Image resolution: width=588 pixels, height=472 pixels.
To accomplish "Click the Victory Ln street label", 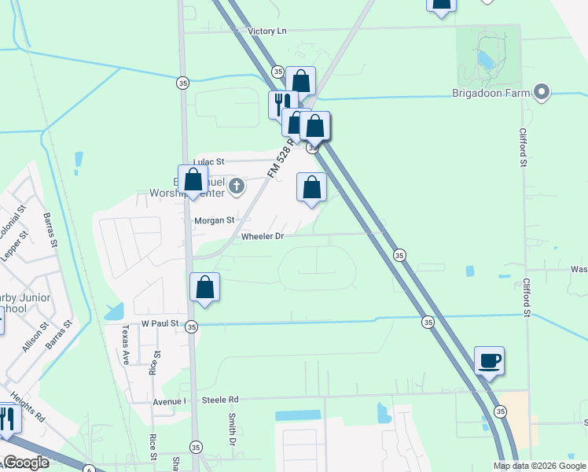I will point(266,31).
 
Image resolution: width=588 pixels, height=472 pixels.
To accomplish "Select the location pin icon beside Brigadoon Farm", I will point(542,93).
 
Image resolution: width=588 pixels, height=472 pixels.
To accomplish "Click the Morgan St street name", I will point(215,221).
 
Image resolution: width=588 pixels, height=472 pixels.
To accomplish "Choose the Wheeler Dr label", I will point(262,236).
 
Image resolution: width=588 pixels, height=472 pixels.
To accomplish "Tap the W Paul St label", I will point(160,323).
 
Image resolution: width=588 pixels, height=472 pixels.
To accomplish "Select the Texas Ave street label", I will point(124,344).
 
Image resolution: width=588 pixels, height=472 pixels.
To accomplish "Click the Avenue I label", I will point(171,401).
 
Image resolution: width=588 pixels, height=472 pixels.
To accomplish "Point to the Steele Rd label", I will point(219,400).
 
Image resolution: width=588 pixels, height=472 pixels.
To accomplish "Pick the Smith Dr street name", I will point(233,430).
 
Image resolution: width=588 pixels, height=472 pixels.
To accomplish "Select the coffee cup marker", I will point(490,361).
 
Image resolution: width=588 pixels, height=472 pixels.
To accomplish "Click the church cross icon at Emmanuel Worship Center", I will point(236,186).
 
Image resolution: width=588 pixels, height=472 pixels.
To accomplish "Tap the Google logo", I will point(26,463).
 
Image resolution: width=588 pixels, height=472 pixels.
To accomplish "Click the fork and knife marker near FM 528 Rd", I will point(282,103).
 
